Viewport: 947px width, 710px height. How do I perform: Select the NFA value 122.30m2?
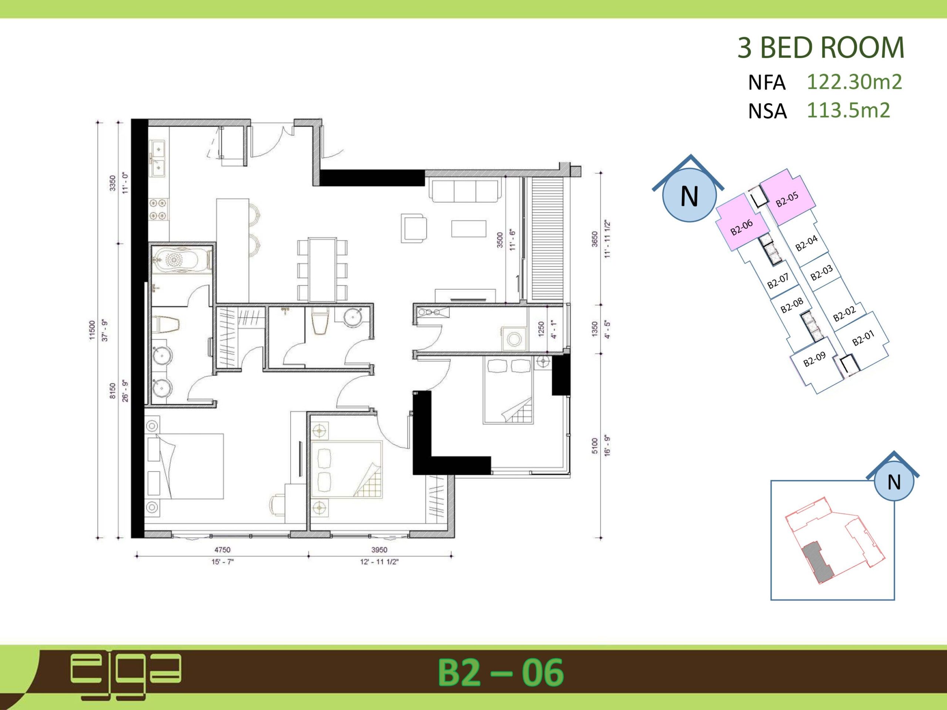(854, 82)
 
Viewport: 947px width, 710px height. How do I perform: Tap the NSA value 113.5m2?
(848, 110)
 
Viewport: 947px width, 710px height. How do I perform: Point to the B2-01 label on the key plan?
(863, 338)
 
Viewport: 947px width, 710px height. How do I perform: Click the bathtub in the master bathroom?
(182, 259)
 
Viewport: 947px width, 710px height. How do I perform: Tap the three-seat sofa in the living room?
(465, 191)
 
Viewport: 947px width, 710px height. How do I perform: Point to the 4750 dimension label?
(222, 550)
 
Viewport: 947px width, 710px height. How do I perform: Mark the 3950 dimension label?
(379, 550)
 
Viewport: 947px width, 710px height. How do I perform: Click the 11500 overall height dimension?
(92, 330)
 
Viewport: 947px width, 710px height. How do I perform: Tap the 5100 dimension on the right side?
(594, 446)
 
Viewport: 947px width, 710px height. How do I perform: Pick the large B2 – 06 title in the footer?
(501, 672)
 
